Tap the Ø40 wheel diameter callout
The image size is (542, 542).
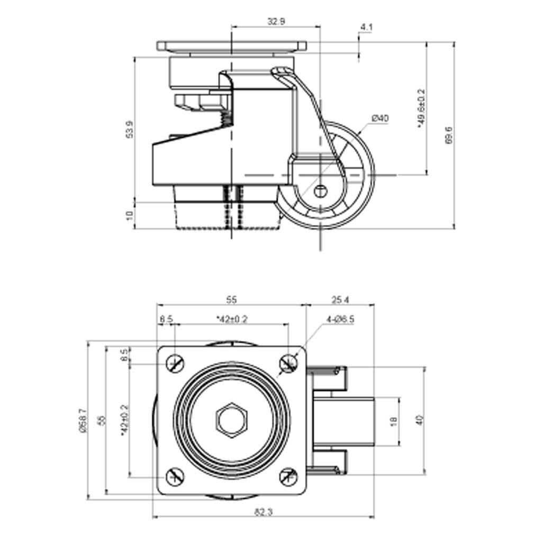pyautogui.click(x=380, y=118)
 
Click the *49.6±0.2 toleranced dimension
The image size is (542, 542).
pyautogui.click(x=421, y=109)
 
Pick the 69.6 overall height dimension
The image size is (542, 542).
pyautogui.click(x=449, y=135)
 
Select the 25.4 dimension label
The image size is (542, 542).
pyautogui.click(x=340, y=300)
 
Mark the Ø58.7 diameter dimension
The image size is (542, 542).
pyautogui.click(x=82, y=420)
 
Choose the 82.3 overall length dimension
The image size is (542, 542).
pyautogui.click(x=263, y=512)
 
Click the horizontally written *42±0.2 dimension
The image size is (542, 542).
pyautogui.click(x=232, y=319)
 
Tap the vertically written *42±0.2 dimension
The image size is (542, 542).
pyautogui.click(x=124, y=420)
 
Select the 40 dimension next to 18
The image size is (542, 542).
pyautogui.click(x=419, y=421)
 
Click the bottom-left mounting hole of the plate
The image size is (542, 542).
pyautogui.click(x=175, y=477)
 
